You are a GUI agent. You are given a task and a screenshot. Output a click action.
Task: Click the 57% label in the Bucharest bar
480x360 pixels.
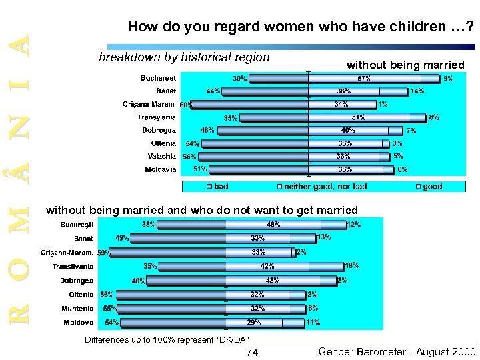point(365,79)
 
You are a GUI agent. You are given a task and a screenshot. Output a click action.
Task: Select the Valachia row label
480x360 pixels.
point(162,156)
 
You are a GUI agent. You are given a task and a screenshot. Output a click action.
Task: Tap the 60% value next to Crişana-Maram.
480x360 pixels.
point(187,105)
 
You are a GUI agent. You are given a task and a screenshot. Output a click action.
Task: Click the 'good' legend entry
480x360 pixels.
point(432,187)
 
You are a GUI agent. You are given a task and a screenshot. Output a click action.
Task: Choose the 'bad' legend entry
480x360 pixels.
point(221,187)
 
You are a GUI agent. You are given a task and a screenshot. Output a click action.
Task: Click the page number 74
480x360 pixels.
point(252,352)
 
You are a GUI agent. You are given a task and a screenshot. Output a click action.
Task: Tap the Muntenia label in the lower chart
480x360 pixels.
point(77,309)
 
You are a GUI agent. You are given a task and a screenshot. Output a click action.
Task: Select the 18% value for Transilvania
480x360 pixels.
point(351,265)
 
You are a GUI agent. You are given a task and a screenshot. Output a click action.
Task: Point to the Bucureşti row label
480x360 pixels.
point(77,225)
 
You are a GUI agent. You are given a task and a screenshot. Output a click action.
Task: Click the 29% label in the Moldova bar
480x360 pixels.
point(254,322)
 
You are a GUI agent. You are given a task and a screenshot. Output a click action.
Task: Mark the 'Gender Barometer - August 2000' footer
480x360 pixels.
point(392,351)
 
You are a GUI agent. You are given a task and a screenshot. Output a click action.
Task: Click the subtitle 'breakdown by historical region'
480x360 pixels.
point(184,57)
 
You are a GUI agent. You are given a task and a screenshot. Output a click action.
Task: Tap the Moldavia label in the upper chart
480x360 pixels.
point(161,169)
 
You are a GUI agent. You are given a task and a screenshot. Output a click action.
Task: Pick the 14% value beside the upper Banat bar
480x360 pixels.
point(417,91)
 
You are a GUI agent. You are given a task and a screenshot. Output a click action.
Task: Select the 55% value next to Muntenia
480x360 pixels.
point(110,309)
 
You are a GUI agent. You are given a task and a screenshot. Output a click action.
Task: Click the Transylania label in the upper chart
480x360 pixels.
point(157,117)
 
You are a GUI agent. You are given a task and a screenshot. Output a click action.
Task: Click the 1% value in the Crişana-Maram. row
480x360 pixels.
point(383,104)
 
